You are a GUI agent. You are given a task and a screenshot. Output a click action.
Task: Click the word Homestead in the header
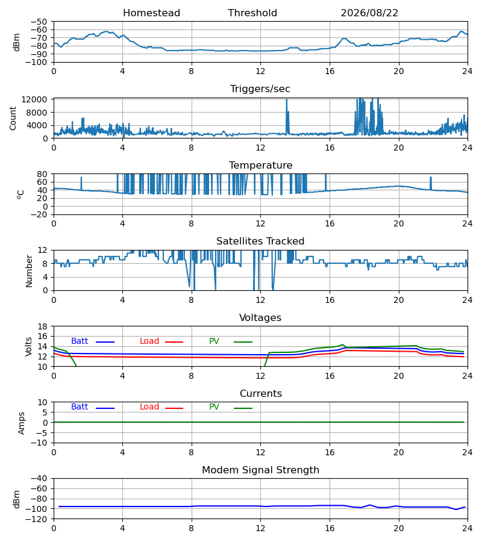[151, 13]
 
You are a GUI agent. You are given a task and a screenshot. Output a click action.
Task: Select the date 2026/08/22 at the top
[369, 13]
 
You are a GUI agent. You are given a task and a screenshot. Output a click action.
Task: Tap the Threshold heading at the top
[252, 13]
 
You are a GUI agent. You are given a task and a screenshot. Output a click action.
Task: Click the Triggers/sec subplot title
[260, 89]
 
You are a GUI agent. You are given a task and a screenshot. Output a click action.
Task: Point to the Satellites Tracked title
[260, 241]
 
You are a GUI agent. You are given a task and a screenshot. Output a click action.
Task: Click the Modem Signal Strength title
[260, 470]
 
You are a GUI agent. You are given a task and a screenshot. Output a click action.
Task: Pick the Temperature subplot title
[260, 165]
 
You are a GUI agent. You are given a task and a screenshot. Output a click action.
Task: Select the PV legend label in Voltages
[214, 341]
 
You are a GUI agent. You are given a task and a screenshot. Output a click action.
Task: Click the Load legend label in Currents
[149, 407]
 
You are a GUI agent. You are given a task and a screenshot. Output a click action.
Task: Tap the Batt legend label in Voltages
[80, 341]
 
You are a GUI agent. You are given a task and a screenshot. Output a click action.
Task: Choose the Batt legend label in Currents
[80, 407]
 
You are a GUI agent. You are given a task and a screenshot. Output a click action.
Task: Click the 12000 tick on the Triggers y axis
[34, 99]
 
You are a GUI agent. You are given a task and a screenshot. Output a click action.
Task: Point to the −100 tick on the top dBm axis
[39, 62]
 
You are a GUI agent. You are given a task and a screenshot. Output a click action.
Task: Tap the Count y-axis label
[13, 118]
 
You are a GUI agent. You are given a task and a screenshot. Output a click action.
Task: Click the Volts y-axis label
[28, 347]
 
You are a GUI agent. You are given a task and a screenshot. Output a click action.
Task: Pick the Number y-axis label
[29, 271]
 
